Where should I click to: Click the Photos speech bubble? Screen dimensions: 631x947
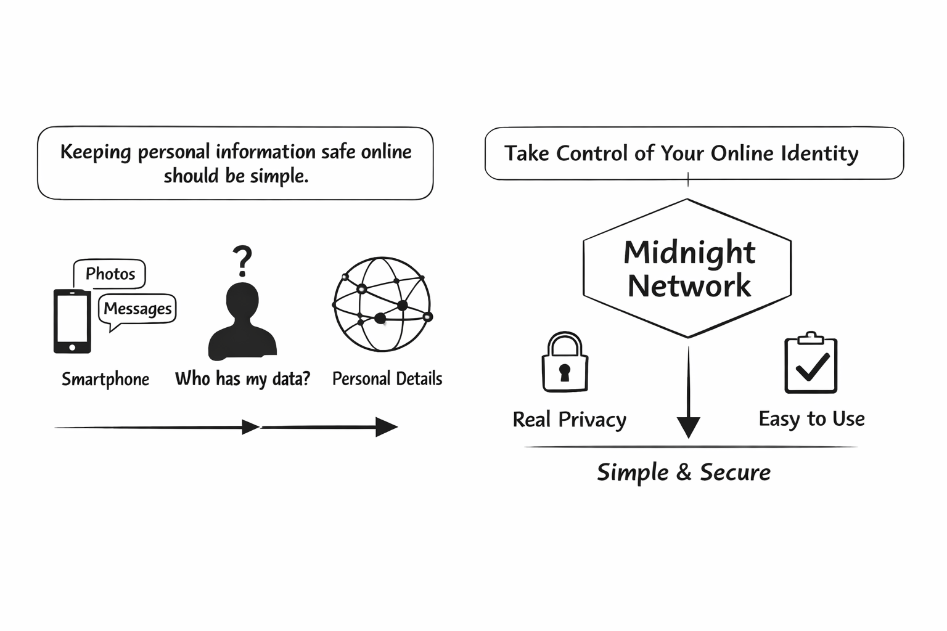pyautogui.click(x=110, y=274)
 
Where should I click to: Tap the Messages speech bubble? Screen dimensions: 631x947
pyautogui.click(x=137, y=309)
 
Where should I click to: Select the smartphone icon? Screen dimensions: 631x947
pyautogui.click(x=72, y=321)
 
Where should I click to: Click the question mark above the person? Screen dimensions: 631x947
pyautogui.click(x=243, y=261)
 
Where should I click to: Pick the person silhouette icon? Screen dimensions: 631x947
pyautogui.click(x=242, y=323)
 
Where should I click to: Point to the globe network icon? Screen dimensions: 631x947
pyautogui.click(x=382, y=304)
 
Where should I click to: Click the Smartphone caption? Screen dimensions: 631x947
pyautogui.click(x=105, y=379)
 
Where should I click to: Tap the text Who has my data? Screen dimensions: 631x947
pyautogui.click(x=242, y=378)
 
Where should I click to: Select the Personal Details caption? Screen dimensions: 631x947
pyautogui.click(x=387, y=378)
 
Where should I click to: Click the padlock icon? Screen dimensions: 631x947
pyautogui.click(x=565, y=363)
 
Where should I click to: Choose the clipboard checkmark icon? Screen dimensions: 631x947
pyautogui.click(x=811, y=364)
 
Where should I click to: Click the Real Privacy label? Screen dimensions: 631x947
pyautogui.click(x=569, y=420)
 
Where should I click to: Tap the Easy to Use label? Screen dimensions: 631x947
pyautogui.click(x=811, y=419)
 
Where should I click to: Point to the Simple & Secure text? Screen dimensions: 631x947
pyautogui.click(x=684, y=473)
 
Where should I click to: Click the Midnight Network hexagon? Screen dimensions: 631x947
pyautogui.click(x=687, y=269)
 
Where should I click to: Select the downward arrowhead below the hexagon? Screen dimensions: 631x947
pyautogui.click(x=688, y=426)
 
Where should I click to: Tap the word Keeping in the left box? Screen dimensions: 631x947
pyautogui.click(x=96, y=152)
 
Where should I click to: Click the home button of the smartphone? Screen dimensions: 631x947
pyautogui.click(x=72, y=348)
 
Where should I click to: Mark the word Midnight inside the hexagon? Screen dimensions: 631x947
pyautogui.click(x=689, y=253)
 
